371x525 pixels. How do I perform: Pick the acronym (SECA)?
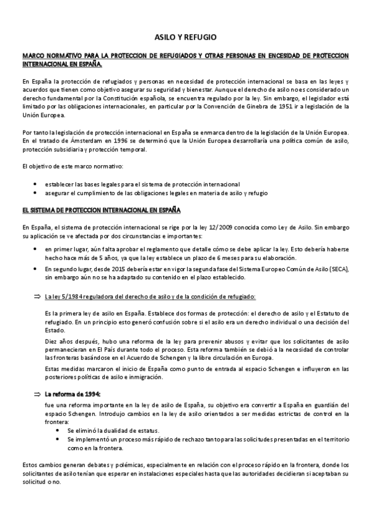tap(338, 269)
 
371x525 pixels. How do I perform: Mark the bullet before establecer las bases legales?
tap(39, 184)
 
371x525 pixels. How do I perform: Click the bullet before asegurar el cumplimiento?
tap(39, 193)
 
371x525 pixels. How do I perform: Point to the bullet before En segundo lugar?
tap(39, 269)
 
